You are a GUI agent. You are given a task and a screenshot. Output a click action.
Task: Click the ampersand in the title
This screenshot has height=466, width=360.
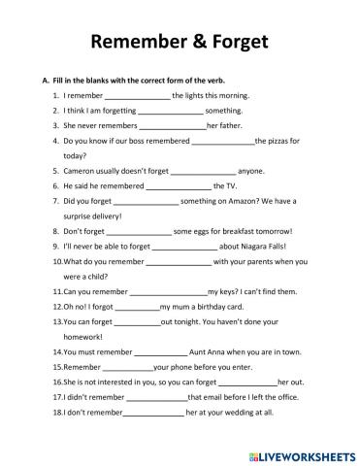193,42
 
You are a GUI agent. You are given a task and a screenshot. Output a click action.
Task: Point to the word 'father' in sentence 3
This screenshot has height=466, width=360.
233,126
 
